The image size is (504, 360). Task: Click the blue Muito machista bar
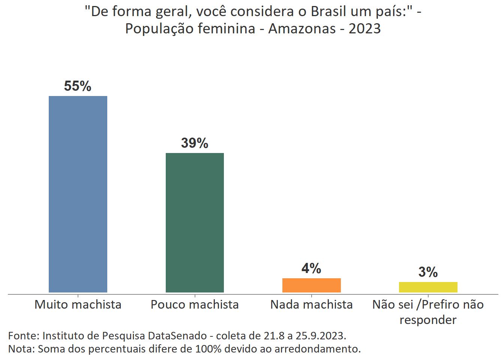tap(78, 194)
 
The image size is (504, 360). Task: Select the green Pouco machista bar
tap(195, 222)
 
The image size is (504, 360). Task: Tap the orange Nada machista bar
tap(311, 285)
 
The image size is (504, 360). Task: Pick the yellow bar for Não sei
tap(428, 287)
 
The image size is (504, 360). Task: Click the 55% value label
tap(78, 86)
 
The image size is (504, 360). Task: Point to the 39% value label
tap(195, 143)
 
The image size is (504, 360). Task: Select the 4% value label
tap(311, 268)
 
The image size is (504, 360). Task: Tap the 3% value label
tap(428, 272)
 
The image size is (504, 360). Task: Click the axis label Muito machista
tap(78, 304)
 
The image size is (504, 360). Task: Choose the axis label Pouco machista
tap(195, 304)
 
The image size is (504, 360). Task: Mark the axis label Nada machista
tap(311, 304)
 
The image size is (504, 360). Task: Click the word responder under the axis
tap(428, 320)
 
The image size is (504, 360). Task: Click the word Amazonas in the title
tap(302, 28)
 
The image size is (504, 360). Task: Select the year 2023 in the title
tap(364, 28)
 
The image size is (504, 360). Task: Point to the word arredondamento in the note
tap(317, 349)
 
